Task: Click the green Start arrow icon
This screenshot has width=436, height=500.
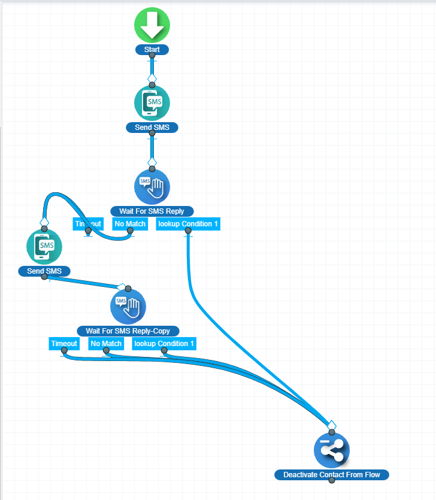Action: (152, 25)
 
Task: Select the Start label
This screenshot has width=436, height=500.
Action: (152, 50)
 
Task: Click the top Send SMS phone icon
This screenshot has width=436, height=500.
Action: (152, 103)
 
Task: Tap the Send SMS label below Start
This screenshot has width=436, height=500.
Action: (152, 128)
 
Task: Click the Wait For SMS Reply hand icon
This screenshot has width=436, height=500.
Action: (152, 187)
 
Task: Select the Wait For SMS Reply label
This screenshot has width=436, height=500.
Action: (152, 211)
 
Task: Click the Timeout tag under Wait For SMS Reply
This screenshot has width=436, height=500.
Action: (87, 224)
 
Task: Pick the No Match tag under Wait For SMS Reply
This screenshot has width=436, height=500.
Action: (130, 224)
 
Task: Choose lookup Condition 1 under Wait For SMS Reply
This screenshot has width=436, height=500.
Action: (188, 224)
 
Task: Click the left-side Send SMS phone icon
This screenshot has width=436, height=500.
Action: (44, 247)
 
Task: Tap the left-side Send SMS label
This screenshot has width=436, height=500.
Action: (44, 271)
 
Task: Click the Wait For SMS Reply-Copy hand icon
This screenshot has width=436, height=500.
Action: (128, 307)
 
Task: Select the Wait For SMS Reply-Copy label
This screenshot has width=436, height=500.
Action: (128, 331)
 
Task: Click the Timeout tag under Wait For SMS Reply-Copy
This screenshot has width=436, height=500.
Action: (64, 344)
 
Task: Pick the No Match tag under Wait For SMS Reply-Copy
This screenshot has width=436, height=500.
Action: (106, 344)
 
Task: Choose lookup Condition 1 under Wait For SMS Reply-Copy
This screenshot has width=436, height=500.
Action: (164, 344)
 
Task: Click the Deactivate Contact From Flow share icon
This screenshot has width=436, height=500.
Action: (332, 450)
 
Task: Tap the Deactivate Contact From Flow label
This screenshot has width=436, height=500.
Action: (332, 475)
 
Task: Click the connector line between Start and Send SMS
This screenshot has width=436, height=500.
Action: (152, 67)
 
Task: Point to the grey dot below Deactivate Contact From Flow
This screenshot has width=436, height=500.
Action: (332, 480)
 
